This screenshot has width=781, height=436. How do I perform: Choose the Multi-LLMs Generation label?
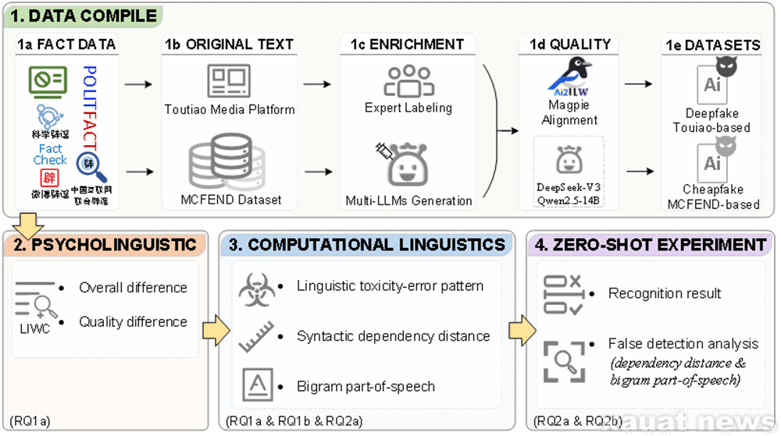408,200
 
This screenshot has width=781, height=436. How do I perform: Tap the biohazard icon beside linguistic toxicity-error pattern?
258,287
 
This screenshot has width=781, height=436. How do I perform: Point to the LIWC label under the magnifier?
34,330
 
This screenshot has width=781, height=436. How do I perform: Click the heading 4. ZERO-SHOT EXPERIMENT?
650,246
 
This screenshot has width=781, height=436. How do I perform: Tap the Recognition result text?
665,293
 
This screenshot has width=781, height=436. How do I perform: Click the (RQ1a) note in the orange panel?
30,422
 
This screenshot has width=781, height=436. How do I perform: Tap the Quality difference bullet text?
133,321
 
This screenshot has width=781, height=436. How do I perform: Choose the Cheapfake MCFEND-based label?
712,197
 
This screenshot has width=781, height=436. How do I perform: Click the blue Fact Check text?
51,154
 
